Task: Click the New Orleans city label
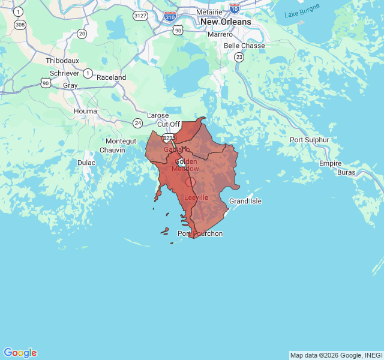(x=226, y=22)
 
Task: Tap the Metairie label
(x=209, y=11)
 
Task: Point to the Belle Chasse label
(x=244, y=46)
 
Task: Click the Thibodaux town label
(x=62, y=61)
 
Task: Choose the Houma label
(x=85, y=111)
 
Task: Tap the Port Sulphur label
(x=310, y=140)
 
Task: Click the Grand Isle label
(x=245, y=201)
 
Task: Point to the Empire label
(x=331, y=163)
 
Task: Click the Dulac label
(x=86, y=163)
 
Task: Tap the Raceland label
(x=111, y=77)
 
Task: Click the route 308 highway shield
(x=20, y=25)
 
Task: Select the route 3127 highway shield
(x=140, y=15)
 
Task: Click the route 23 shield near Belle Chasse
(x=239, y=57)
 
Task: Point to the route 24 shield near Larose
(x=138, y=123)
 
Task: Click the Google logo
(x=20, y=353)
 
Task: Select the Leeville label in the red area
(x=196, y=197)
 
